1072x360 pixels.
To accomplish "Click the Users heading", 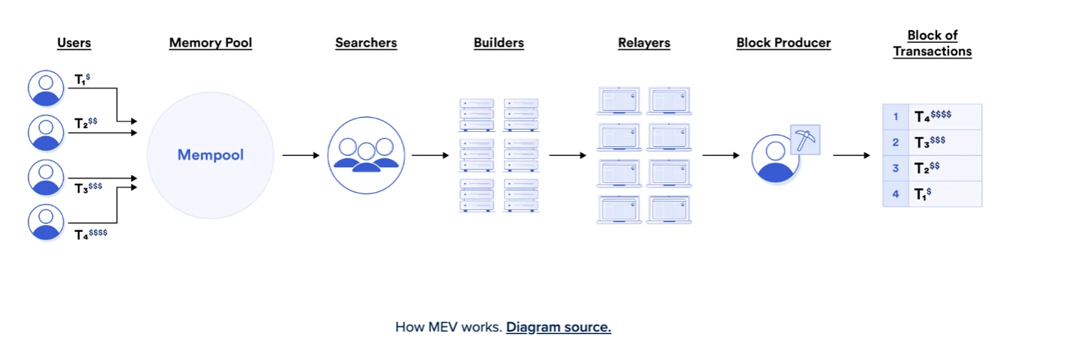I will click(74, 43).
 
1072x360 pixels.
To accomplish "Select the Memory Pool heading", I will click(211, 43).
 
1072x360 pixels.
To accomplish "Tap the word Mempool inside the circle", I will click(211, 155).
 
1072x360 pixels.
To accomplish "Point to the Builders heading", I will click(499, 43).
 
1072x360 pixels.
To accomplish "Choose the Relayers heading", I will click(644, 43).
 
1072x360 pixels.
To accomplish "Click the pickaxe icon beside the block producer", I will click(806, 140).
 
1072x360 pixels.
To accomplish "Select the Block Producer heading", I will click(783, 43).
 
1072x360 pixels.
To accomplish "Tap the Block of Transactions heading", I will click(933, 43).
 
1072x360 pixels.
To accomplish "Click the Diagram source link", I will click(558, 327).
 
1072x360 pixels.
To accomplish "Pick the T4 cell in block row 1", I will click(944, 116).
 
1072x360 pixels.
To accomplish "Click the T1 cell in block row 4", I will click(944, 193).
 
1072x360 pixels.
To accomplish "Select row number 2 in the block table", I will click(895, 142).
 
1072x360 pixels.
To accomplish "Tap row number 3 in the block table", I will click(895, 168).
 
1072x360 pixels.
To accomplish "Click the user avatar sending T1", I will click(46, 88).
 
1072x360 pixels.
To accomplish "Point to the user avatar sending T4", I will click(46, 222).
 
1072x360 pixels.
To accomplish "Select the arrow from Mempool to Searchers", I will click(301, 155).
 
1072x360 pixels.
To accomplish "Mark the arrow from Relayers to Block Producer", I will click(720, 155).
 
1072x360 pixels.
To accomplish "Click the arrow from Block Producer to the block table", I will click(851, 155).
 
